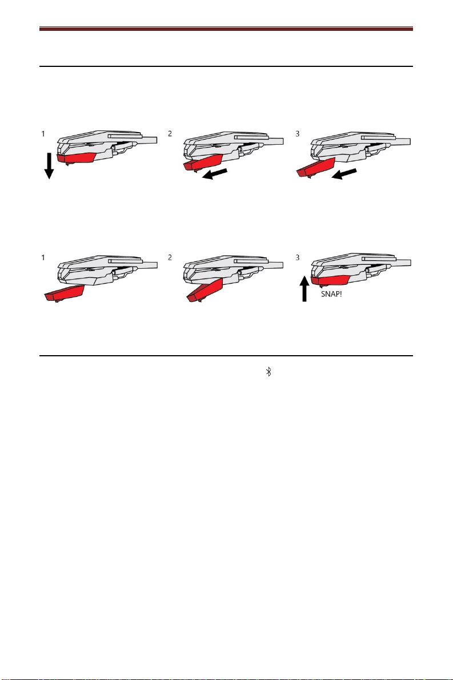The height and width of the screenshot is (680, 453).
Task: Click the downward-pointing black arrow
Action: [x=49, y=166]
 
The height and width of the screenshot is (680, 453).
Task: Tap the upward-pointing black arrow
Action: [x=304, y=289]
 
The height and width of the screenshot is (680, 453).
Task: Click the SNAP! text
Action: [x=331, y=294]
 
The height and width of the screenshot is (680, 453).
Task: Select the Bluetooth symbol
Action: [x=268, y=372]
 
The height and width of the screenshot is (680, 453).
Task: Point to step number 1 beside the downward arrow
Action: [x=43, y=134]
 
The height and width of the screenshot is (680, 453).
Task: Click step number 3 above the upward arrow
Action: [x=298, y=257]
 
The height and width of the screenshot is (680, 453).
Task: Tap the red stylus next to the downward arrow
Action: [x=77, y=157]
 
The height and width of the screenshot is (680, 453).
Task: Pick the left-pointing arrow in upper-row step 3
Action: [x=344, y=174]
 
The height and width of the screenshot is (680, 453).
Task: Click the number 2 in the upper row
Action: [x=170, y=134]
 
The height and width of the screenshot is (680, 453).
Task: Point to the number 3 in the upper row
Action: [x=298, y=134]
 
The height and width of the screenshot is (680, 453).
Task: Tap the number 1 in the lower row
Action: [x=43, y=257]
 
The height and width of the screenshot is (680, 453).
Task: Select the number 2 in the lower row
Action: [x=170, y=257]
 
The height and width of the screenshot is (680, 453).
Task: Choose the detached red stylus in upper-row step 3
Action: [x=315, y=168]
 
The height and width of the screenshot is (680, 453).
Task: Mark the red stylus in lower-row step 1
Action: [x=65, y=293]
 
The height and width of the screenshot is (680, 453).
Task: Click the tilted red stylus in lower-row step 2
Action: [x=205, y=290]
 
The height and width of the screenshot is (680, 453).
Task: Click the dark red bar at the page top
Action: [x=226, y=29]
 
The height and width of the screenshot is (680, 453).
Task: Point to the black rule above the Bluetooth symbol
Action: [x=226, y=356]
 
